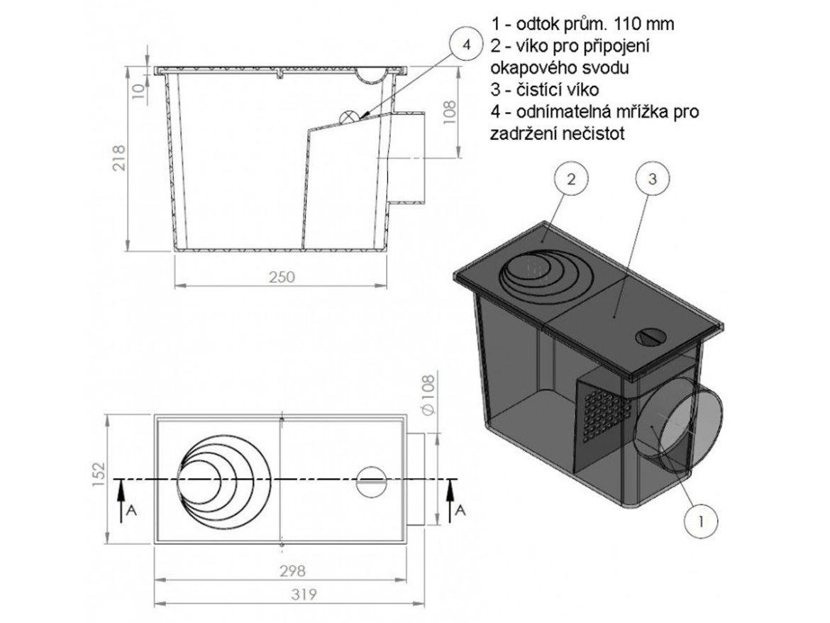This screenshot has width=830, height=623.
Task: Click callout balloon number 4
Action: coord(466,45)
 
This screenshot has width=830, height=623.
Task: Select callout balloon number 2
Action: coord(570,180)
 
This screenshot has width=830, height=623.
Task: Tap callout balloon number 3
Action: coord(652,180)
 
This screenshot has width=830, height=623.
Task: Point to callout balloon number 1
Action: coord(701,522)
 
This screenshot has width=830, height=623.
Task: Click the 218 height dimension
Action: coord(120,158)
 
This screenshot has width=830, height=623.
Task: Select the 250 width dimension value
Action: coord(282,277)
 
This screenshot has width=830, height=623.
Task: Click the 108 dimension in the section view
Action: coord(449,111)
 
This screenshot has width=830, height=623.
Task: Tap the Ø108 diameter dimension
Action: coord(428,394)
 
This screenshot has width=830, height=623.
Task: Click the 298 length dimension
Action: coord(292,571)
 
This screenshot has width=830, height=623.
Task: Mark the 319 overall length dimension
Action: coord(304,595)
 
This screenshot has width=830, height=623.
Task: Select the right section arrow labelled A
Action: coord(450,501)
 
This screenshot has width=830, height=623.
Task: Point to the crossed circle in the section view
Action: coord(348,118)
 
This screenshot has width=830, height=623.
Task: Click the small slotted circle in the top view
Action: coord(370,482)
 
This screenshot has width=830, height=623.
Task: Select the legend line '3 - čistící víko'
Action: coord(545,89)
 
